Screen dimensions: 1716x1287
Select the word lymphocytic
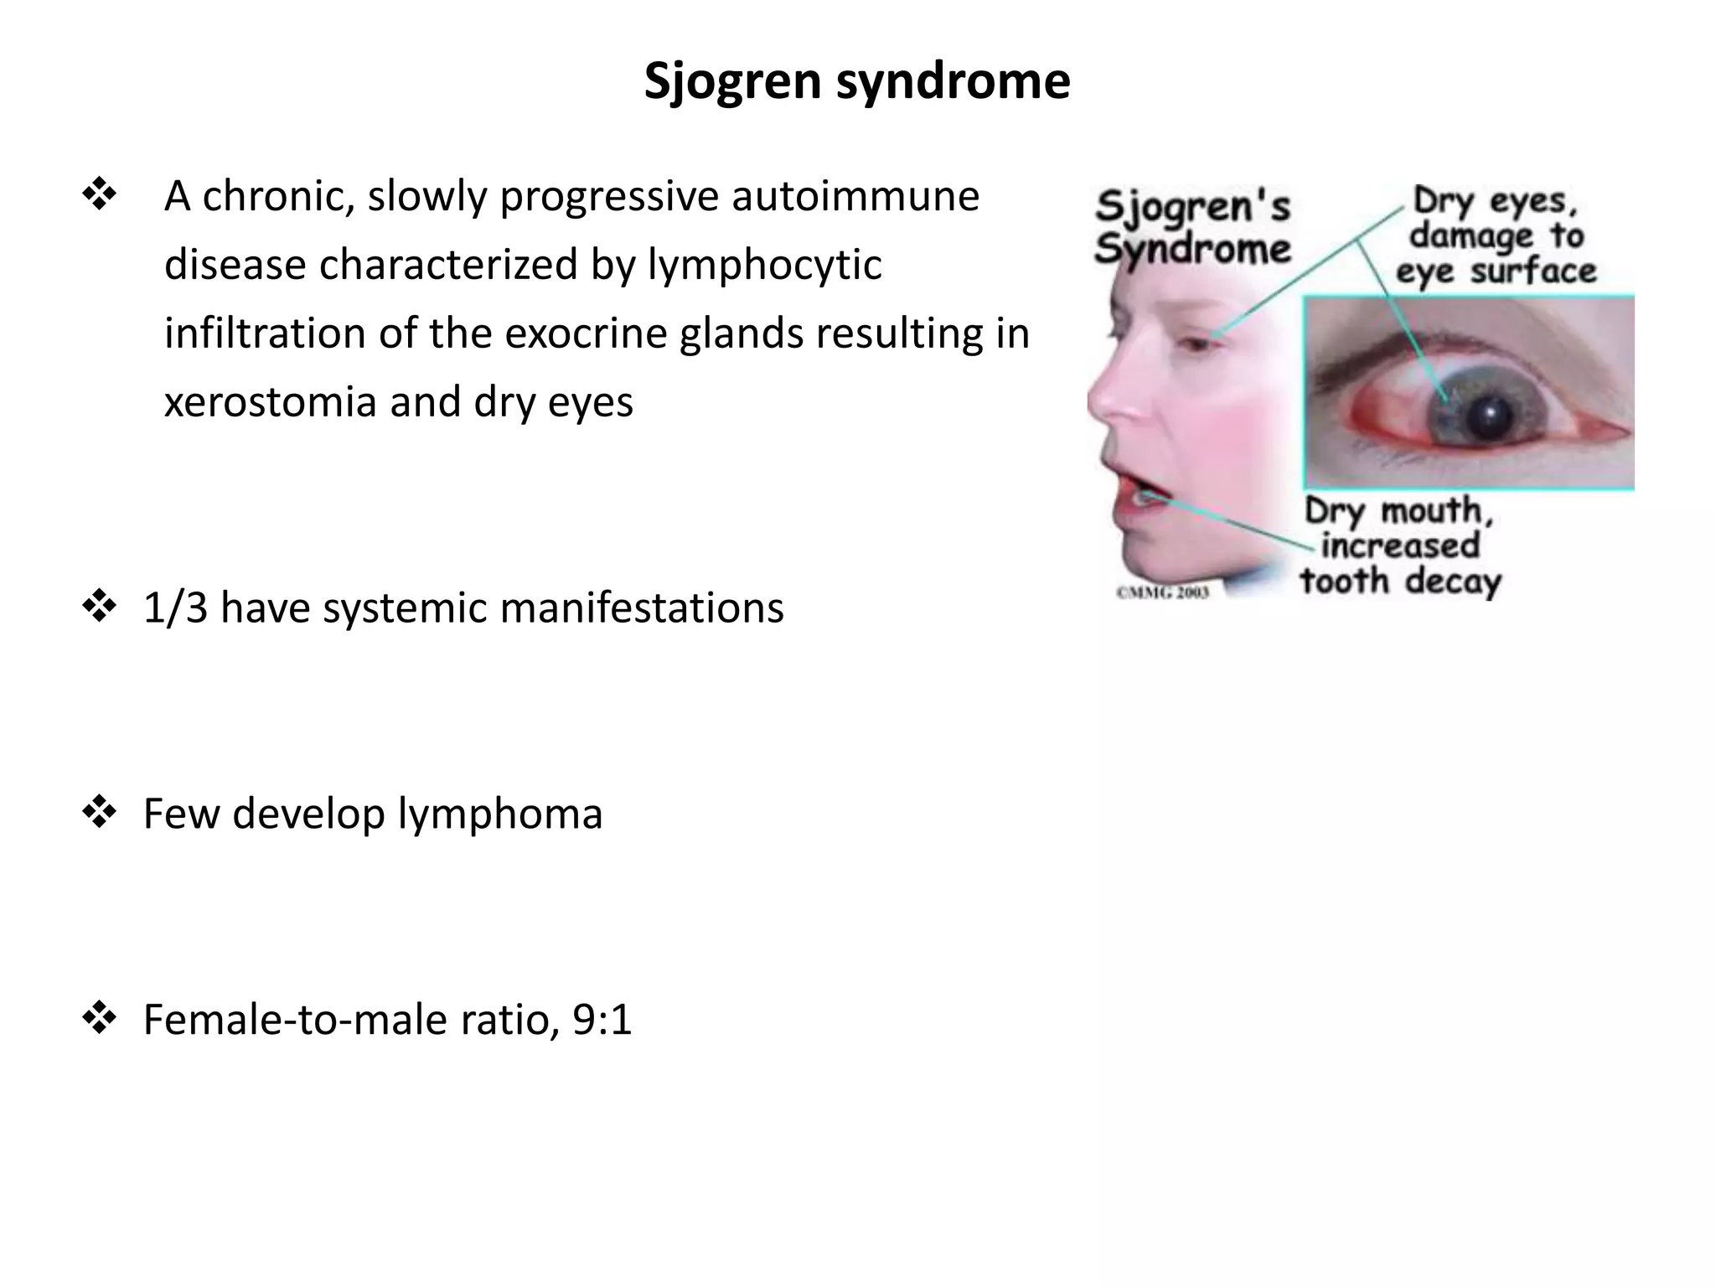[764, 266]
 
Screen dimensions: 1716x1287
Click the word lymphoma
[500, 814]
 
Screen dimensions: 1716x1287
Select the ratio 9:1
[602, 1021]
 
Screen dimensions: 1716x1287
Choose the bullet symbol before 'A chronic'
[100, 196]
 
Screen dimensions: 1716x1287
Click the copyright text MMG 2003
[1163, 592]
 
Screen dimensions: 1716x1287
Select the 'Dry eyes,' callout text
[1495, 201]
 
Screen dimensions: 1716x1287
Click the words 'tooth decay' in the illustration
[1400, 581]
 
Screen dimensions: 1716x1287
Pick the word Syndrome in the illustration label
[1192, 249]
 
